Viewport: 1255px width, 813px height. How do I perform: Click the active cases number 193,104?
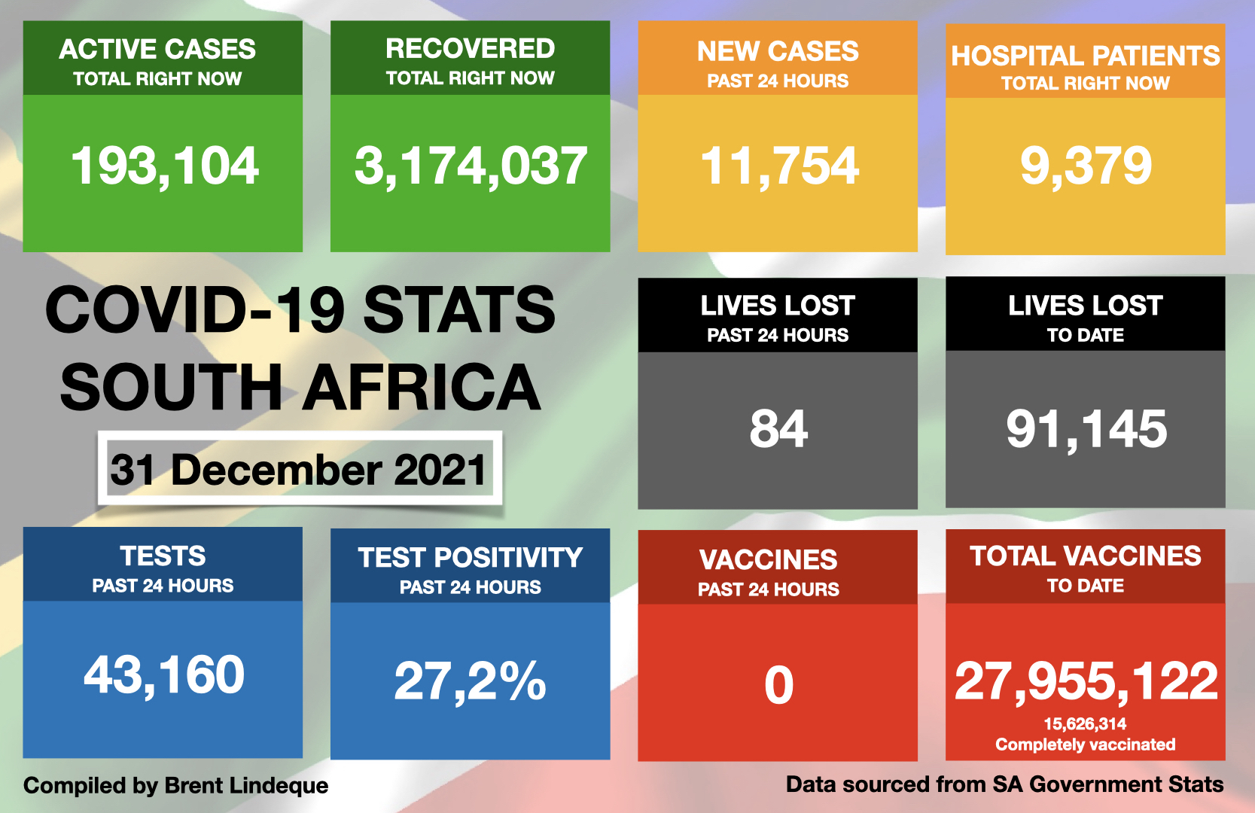[x=164, y=166]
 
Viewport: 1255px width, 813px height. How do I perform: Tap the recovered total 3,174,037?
[x=471, y=166]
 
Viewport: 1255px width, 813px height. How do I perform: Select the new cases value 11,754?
[x=779, y=166]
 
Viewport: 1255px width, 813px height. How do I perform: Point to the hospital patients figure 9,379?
[x=1086, y=166]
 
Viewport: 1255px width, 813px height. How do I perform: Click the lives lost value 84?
[x=778, y=429]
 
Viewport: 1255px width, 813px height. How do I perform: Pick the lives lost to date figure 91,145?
[x=1086, y=429]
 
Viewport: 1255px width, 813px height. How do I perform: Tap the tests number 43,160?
[x=164, y=674]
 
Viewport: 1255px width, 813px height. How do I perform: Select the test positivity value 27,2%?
[x=471, y=681]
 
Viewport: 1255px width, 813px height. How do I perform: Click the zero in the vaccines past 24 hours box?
[x=778, y=685]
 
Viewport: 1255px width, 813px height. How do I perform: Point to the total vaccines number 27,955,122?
[x=1086, y=681]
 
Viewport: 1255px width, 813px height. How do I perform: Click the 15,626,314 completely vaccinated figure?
[x=1085, y=724]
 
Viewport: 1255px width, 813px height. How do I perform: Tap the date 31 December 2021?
[x=299, y=470]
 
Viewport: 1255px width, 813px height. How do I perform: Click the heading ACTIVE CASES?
[x=157, y=50]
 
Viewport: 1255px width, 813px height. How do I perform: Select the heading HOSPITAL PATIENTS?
[x=1085, y=56]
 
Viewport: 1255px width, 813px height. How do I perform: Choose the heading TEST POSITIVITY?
[x=471, y=558]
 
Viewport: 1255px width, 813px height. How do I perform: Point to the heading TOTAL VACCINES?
[x=1085, y=556]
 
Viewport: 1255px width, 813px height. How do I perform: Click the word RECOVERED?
[x=471, y=49]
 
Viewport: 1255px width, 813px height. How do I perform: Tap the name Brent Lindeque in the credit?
[x=246, y=786]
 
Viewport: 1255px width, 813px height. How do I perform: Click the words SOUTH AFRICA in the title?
[x=300, y=387]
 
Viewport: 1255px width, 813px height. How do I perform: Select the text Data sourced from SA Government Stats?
[x=1004, y=784]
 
